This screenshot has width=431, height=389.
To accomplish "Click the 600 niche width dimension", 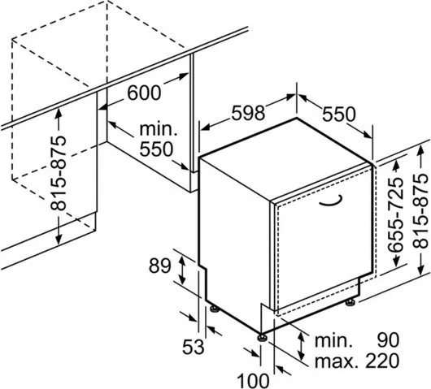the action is tap(144, 93).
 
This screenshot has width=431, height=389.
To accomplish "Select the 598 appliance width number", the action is tap(248, 113).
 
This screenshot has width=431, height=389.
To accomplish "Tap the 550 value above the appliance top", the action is tap(338, 115).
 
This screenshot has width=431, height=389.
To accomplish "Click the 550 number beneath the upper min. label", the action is tap(156, 149).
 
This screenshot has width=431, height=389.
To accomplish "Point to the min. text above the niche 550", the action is tap(159, 129).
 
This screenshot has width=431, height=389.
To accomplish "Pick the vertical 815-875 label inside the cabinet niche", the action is tap(59, 173).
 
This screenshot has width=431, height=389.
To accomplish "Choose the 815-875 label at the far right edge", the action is tap(420, 211).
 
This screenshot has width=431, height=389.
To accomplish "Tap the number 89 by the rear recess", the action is tap(159, 266).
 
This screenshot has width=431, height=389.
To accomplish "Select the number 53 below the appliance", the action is tap(194, 347).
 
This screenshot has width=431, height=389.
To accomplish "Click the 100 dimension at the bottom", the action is tap(253, 381).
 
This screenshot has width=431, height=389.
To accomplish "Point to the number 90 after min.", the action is tap(388, 339).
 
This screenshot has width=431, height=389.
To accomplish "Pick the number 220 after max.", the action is tap(382, 361).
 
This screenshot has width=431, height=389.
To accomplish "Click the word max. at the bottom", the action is tap(337, 361).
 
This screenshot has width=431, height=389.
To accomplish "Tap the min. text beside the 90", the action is tap(333, 340).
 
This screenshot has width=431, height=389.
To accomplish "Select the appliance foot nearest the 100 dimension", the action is tap(261, 337).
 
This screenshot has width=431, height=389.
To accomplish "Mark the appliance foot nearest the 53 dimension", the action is tap(215, 309).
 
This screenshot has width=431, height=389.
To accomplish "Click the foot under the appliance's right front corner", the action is tap(350, 302).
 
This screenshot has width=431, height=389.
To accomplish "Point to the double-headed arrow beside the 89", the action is tap(181, 270).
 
